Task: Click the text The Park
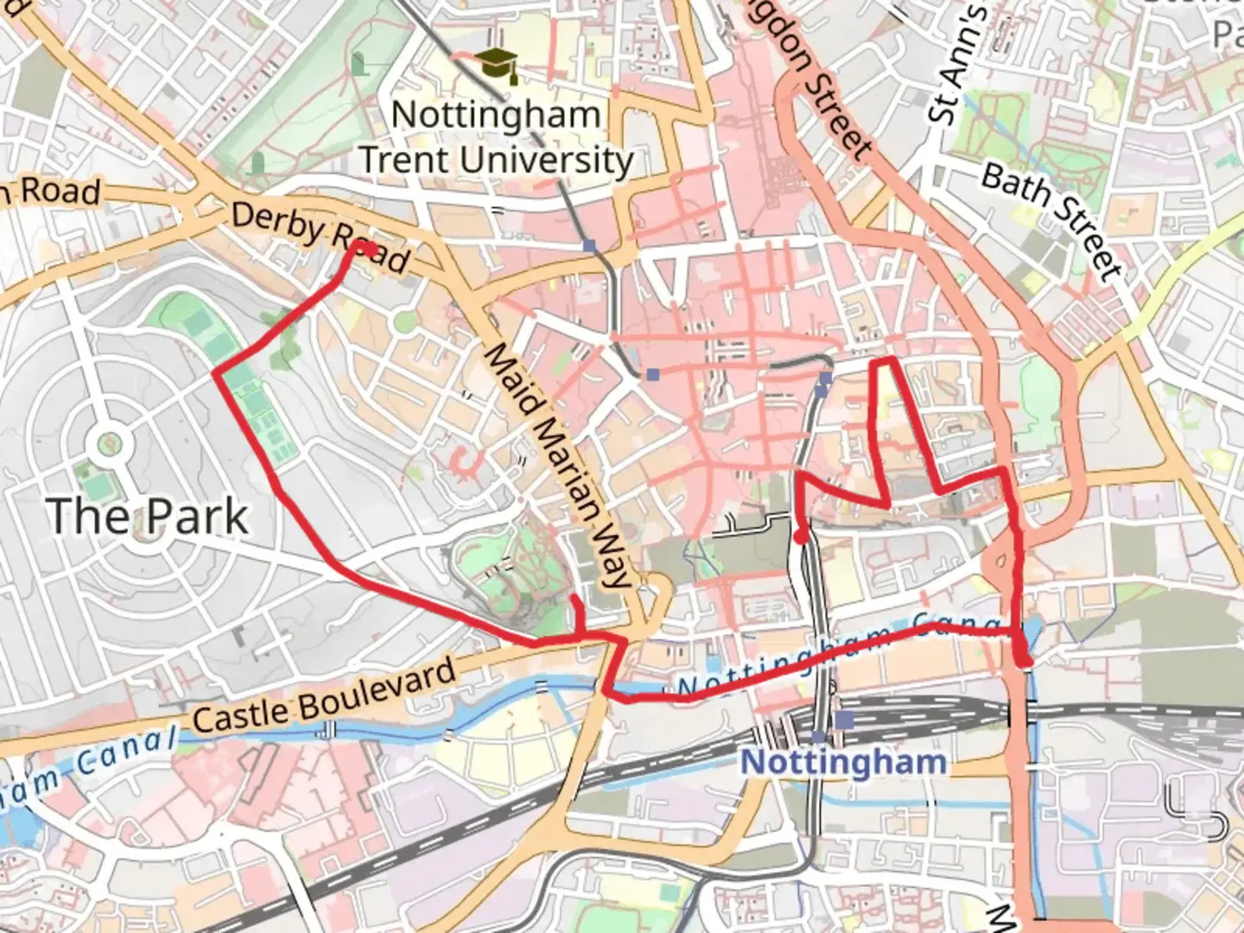tap(148, 517)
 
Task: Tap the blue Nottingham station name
tap(843, 762)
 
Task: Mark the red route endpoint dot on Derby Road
tap(368, 249)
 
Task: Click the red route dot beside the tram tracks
tap(801, 537)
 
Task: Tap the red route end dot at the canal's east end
tap(1025, 663)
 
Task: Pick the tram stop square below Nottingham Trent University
tap(589, 246)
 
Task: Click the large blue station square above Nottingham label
tap(844, 720)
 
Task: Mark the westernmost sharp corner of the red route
tap(215, 372)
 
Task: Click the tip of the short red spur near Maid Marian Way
tap(574, 596)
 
